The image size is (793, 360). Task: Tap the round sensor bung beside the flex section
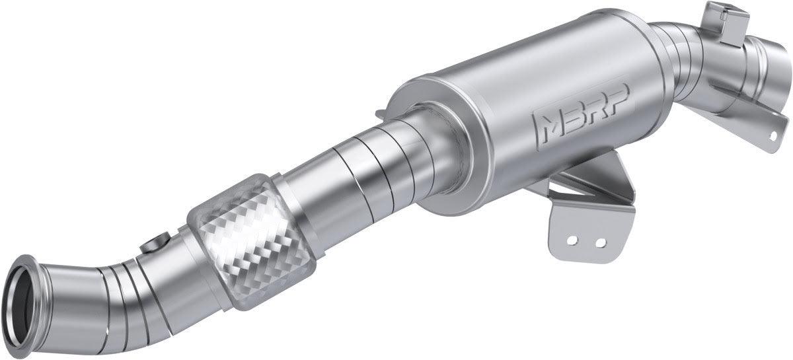click(157, 244)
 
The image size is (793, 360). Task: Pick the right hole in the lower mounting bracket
click(600, 242)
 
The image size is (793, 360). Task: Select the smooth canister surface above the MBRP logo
click(529, 66)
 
